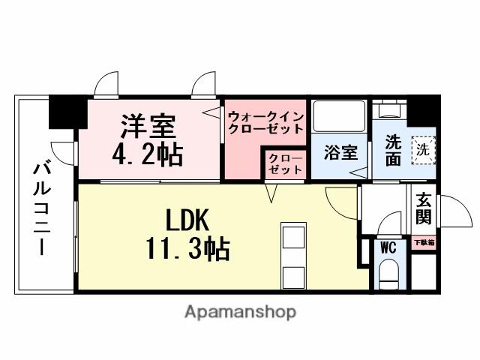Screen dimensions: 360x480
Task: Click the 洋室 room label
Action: pos(148,124)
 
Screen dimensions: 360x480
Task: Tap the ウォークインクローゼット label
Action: pos(265,122)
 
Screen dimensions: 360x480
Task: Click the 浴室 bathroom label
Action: pos(340,153)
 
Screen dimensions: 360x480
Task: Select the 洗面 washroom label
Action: pos(393,149)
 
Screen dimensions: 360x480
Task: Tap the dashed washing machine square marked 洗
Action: pos(422,148)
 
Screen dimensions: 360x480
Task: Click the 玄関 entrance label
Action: pos(424,210)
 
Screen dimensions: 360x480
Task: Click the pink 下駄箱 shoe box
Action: pos(424,243)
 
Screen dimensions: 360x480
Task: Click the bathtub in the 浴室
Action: pos(339,116)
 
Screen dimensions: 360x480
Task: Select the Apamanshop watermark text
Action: pos(240,311)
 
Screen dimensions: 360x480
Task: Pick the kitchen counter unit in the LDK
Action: pos(293,256)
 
